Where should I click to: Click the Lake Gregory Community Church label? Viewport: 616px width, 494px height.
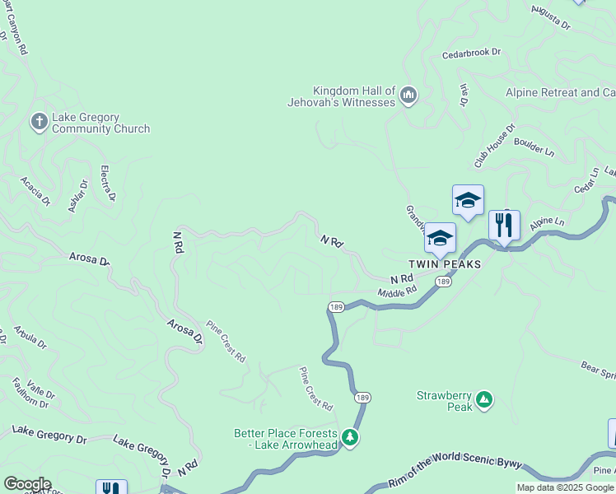click(x=100, y=123)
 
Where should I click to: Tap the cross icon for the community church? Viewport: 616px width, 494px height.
click(x=38, y=123)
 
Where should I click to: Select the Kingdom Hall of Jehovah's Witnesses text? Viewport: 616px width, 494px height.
click(x=354, y=96)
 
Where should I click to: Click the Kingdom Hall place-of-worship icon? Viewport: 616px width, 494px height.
click(x=408, y=96)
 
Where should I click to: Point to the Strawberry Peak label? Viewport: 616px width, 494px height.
click(x=445, y=401)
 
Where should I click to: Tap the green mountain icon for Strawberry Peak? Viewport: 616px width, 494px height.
click(x=484, y=400)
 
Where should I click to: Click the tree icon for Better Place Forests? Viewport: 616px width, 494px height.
click(x=350, y=437)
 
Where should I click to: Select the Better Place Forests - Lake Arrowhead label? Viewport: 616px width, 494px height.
click(x=286, y=440)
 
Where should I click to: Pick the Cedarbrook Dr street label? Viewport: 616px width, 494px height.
click(x=471, y=53)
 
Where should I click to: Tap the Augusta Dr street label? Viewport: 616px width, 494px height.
click(x=551, y=17)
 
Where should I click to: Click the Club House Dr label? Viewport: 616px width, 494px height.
click(x=493, y=145)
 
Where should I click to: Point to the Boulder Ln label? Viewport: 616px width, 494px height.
click(x=534, y=149)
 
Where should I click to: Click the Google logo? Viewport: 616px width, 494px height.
click(x=26, y=484)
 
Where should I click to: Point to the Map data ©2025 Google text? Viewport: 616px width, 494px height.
click(x=565, y=487)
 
